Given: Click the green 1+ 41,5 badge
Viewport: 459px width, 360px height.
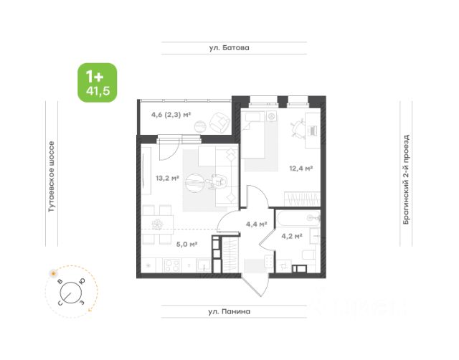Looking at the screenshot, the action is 98,82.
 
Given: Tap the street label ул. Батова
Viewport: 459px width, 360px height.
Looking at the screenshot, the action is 229,48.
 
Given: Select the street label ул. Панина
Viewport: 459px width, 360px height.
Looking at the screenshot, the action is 229,311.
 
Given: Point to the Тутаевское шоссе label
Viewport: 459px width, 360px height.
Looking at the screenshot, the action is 51,176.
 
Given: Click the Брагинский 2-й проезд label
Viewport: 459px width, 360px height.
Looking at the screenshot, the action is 406,179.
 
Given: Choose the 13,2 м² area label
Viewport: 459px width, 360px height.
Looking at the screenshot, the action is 167,178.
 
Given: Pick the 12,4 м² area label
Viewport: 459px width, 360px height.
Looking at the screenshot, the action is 301,169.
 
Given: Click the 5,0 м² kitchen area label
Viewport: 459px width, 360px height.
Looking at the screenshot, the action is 186,244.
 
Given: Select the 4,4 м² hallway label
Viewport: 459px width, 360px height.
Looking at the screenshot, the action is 256,224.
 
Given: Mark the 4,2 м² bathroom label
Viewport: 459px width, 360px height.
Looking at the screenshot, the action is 292,236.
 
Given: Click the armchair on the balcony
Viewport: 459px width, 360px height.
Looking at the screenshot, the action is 219,121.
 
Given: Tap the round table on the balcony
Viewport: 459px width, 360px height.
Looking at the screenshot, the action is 201,126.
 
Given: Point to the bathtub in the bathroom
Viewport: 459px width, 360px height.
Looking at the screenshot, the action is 298,219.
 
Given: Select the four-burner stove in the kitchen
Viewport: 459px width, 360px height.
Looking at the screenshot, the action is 172,265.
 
